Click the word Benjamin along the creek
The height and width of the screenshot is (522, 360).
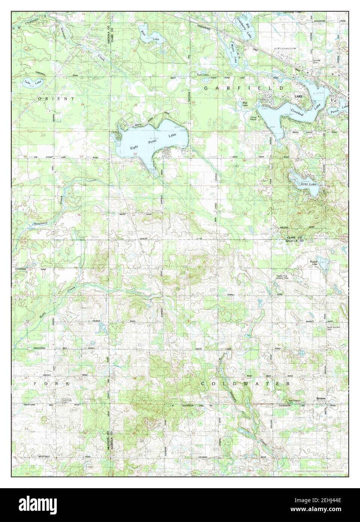coord(41,224)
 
